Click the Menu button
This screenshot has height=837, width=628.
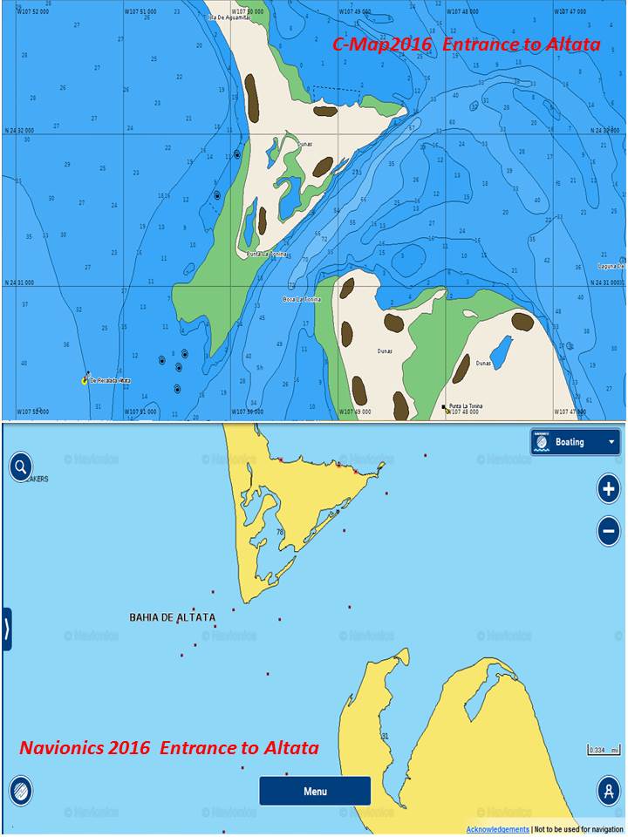point(315,791)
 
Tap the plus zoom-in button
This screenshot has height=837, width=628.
point(609,488)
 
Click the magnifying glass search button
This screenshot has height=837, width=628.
point(21,466)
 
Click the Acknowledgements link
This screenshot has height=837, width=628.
point(497,829)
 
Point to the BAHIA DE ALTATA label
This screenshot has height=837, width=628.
point(172,617)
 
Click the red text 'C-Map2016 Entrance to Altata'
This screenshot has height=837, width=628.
point(467,44)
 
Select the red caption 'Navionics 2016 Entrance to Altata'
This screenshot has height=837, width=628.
point(169,748)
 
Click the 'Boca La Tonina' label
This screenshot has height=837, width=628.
point(302,299)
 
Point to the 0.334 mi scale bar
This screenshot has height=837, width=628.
point(604,750)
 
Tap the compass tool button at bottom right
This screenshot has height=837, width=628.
point(608,790)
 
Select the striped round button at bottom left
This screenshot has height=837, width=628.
point(21,791)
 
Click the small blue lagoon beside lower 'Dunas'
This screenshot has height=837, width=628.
point(501,353)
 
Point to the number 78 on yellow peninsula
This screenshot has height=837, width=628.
point(280,532)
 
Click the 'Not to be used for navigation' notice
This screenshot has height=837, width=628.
point(578,829)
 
